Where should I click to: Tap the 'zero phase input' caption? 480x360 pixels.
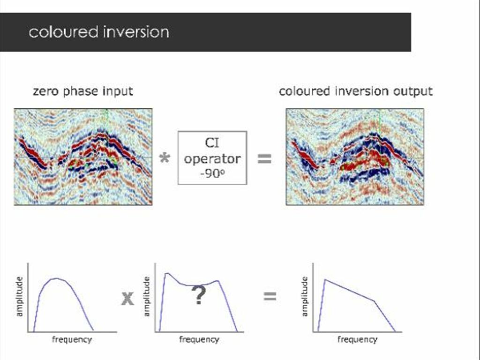click(x=82, y=91)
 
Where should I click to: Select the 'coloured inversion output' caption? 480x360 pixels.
click(x=355, y=91)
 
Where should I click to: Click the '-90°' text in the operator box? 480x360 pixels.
click(x=212, y=172)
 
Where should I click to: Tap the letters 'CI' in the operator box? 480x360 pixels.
click(x=212, y=142)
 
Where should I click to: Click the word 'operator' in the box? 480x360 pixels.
click(x=212, y=158)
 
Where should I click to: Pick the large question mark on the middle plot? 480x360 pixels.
click(x=199, y=296)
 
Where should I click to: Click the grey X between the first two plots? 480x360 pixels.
click(x=127, y=298)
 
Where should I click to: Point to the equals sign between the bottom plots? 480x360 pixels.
click(x=270, y=296)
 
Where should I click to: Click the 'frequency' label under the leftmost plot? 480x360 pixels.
click(x=72, y=339)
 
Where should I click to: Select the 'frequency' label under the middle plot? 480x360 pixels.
click(x=199, y=339)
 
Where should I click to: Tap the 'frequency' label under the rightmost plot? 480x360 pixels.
click(x=357, y=339)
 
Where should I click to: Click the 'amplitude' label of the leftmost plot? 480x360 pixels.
click(x=19, y=297)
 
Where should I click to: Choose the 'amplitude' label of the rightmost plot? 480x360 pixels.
click(x=305, y=297)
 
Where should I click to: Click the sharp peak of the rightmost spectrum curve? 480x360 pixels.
click(x=325, y=280)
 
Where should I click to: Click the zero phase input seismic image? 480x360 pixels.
click(x=83, y=157)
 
